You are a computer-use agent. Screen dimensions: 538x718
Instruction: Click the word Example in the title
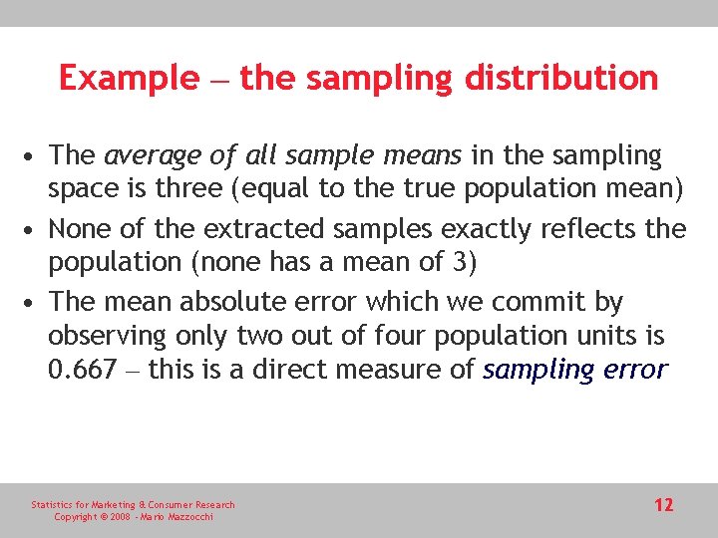click(129, 78)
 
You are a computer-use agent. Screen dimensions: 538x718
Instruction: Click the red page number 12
click(663, 505)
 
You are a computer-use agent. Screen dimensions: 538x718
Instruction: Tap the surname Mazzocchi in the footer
click(186, 517)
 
